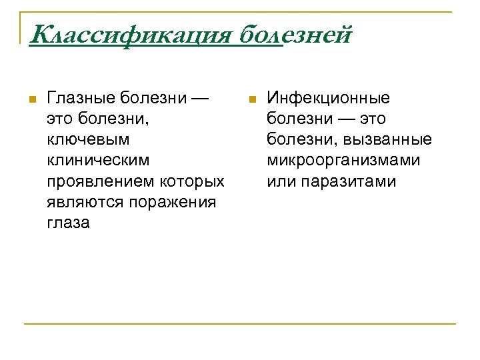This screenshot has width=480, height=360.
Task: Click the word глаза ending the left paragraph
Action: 68,223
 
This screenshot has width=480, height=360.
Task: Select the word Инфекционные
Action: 329,99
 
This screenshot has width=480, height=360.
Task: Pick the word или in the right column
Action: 279,181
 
